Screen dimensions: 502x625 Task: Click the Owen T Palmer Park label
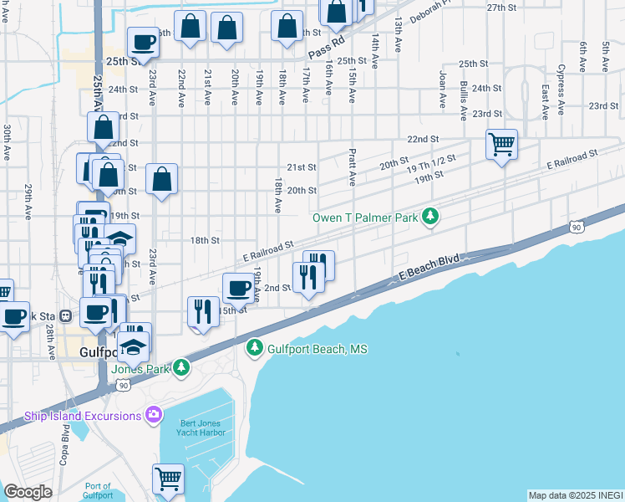pos(365,218)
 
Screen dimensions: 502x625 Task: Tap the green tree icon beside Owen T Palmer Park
pos(430,218)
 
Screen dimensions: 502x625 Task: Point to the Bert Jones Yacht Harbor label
pos(201,428)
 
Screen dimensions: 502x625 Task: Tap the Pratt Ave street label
pos(353,169)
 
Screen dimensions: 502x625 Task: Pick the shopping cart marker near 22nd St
pos(501,144)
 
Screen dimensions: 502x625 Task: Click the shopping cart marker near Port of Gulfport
pos(168,479)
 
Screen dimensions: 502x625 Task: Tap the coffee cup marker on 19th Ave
pos(239,289)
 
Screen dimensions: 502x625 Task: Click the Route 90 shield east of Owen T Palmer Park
pos(577,227)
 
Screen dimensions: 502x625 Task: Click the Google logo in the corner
pos(28,491)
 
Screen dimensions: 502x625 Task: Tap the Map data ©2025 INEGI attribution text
pos(575,495)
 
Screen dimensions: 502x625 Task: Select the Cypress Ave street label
pos(563,82)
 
